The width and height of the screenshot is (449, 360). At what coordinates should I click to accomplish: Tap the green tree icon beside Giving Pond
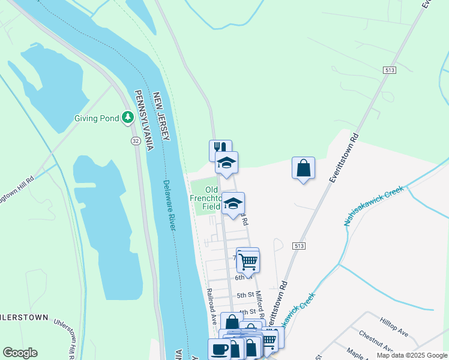(127, 118)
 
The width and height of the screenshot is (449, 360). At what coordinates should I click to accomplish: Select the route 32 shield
(136, 140)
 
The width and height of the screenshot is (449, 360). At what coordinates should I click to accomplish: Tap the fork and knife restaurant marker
(220, 149)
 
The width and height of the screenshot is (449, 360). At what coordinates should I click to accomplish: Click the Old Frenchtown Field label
(207, 198)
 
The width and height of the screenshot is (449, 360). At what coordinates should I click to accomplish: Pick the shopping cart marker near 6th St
(247, 260)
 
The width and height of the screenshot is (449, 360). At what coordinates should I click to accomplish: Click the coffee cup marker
(219, 349)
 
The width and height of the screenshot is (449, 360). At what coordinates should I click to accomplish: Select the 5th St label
(246, 295)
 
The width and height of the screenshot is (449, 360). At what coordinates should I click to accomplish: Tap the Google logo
(20, 353)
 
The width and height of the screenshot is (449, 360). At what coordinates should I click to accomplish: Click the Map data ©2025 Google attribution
(412, 355)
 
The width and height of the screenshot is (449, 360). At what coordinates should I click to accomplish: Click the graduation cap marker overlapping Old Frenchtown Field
(233, 203)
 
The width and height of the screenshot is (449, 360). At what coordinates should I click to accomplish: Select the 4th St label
(247, 313)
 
